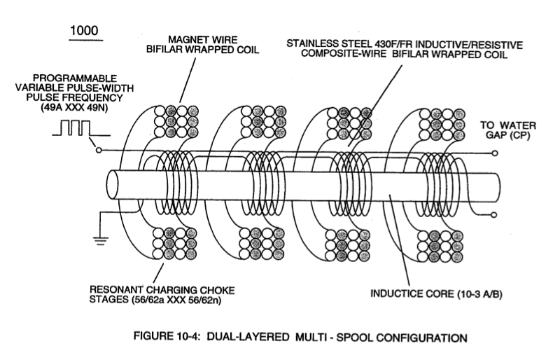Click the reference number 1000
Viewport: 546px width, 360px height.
pos(84,31)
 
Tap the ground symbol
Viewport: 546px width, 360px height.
pos(100,240)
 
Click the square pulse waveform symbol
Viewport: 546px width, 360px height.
pos(81,128)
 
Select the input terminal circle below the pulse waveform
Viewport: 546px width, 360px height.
pos(99,150)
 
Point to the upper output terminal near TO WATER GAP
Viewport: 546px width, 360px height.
pos(495,153)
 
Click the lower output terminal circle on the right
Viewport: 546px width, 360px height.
pos(494,215)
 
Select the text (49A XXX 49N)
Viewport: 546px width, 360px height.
pos(74,108)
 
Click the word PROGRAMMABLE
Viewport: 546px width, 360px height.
pos(75,78)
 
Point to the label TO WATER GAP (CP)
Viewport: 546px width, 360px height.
pos(508,130)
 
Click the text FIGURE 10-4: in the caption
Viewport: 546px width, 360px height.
pos(167,336)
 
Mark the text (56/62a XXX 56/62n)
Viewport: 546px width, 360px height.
pos(176,300)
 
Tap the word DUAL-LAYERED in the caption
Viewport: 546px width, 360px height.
pos(248,337)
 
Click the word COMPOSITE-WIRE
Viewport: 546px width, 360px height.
pos(344,54)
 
